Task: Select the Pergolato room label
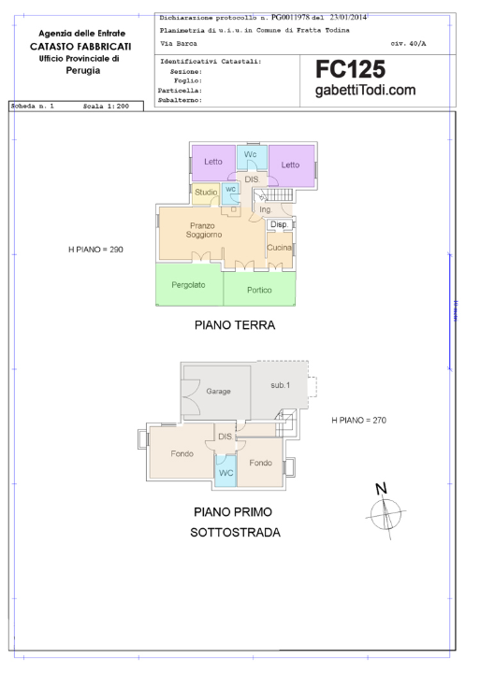189,284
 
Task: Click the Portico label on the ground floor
259,290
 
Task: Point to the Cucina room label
279,247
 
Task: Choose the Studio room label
206,192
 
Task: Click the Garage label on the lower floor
219,391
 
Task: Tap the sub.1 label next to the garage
281,385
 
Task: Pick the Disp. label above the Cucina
278,224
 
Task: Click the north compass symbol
384,510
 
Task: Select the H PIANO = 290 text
96,250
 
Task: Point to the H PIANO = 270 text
358,421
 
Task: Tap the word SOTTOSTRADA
236,534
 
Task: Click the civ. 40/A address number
409,44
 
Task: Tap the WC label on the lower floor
225,473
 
